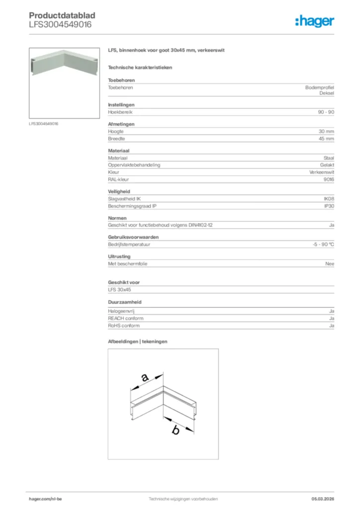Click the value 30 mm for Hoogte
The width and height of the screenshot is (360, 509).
(326, 131)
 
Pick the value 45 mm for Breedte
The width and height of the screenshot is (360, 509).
(326, 139)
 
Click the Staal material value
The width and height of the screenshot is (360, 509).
(329, 158)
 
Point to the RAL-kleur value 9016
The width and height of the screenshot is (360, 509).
(328, 179)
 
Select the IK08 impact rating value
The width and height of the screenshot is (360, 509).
(329, 198)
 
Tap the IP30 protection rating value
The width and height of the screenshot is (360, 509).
(329, 206)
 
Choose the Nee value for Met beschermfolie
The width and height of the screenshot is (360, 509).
(329, 264)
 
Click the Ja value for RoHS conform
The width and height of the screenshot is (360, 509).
(331, 326)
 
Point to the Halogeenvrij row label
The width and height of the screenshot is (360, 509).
(121, 311)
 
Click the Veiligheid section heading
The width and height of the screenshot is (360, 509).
(119, 191)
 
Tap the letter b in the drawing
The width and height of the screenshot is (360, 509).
(175, 430)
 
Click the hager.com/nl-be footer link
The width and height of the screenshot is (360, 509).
(46, 499)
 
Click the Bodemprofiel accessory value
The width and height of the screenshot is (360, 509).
(319, 87)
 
